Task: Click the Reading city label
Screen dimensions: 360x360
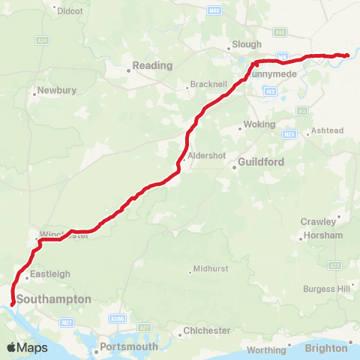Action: tap(153, 65)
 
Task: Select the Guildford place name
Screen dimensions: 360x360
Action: tap(259, 161)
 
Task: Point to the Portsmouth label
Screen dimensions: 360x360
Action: tap(128, 346)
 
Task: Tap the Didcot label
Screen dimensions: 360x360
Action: tap(70, 12)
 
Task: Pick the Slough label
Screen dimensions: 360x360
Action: tap(247, 44)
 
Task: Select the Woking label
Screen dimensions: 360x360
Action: tap(259, 124)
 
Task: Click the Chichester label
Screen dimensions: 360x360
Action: tap(208, 330)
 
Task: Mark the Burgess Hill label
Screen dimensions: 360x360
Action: tap(327, 288)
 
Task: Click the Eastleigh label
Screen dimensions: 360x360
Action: tap(45, 274)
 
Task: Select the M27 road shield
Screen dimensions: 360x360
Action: tap(66, 321)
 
